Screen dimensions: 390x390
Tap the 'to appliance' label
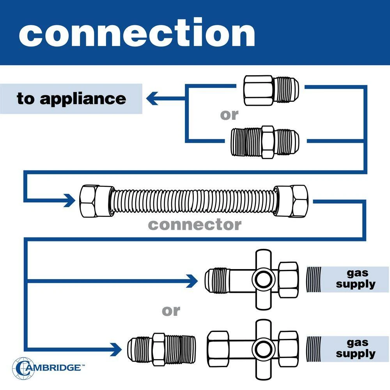point(71,99)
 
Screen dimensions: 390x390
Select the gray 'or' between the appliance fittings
point(229,115)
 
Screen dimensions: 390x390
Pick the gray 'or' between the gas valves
point(171,311)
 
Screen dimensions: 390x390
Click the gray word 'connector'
point(195,225)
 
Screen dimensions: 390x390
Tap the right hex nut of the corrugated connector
point(293,201)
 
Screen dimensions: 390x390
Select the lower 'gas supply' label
point(355,349)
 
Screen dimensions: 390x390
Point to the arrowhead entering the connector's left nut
point(70,200)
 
